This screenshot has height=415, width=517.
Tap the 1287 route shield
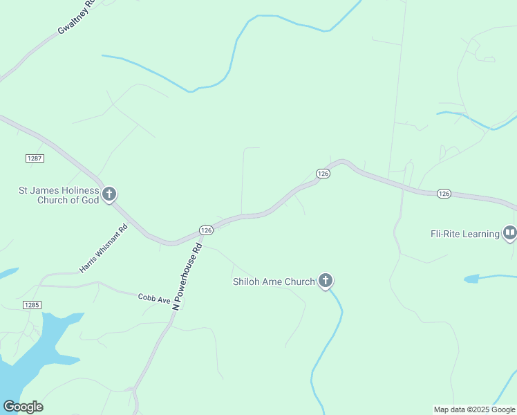click(x=35, y=158)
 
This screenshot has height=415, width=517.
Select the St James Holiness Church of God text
click(x=58, y=195)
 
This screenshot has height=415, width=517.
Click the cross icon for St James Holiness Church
click(x=109, y=194)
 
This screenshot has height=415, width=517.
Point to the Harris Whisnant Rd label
click(x=104, y=248)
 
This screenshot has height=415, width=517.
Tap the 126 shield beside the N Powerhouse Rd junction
click(x=206, y=230)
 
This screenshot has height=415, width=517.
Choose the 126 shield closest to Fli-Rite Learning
click(x=444, y=194)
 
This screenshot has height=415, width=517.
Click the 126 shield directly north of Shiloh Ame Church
click(x=323, y=174)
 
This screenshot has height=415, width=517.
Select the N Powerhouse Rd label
click(x=187, y=275)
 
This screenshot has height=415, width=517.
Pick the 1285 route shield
click(x=32, y=305)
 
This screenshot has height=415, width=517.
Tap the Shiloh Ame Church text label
click(x=274, y=281)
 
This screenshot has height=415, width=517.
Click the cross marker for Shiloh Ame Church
click(x=326, y=281)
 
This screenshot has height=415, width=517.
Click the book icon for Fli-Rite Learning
click(x=509, y=233)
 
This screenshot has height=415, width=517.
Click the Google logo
click(x=23, y=407)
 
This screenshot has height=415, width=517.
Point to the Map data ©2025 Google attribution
click(x=475, y=409)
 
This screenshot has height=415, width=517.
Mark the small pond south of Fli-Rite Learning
click(x=471, y=279)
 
